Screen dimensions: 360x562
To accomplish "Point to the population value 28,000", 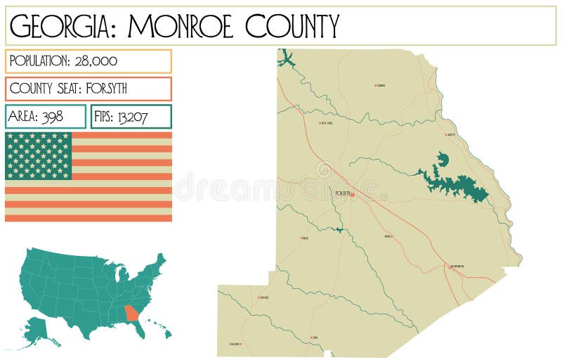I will click(x=95, y=61).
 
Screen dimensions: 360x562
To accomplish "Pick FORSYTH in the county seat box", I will click(x=105, y=89).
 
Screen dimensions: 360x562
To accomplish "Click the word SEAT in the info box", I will click(x=70, y=89).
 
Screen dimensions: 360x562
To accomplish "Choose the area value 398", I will click(x=52, y=117).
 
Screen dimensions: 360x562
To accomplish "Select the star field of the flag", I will click(x=39, y=155).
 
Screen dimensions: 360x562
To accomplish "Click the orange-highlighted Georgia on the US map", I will click(x=131, y=312).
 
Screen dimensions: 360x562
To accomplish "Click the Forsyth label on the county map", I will click(x=342, y=193).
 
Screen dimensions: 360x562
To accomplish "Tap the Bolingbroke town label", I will click(x=457, y=266).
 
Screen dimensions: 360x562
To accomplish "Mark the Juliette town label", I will click(x=450, y=134).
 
